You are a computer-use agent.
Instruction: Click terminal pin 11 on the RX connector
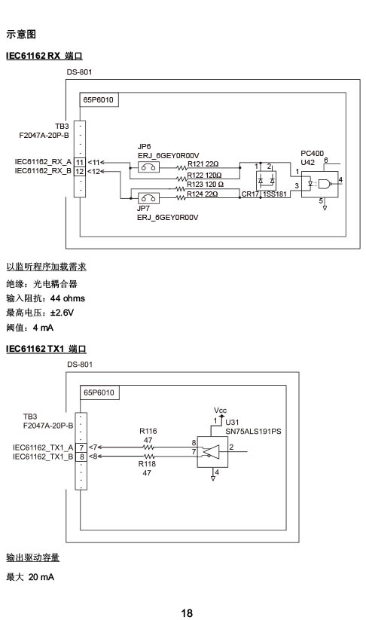(x=80, y=162)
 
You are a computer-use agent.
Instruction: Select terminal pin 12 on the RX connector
(x=80, y=171)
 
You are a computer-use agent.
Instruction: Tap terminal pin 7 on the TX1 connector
(x=81, y=447)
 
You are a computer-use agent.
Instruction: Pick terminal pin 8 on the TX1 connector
(x=81, y=457)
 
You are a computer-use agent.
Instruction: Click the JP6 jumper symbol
(x=148, y=167)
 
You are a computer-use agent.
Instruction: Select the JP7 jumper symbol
(x=148, y=198)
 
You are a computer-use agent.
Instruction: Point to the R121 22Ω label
(x=203, y=164)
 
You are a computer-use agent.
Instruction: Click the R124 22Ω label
(x=203, y=194)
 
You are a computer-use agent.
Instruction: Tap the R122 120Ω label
(x=204, y=175)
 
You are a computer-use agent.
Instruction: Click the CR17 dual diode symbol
(x=266, y=181)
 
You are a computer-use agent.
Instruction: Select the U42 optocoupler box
(x=320, y=185)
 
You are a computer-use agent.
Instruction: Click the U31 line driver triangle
(x=212, y=452)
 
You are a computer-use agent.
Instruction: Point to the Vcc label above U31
(x=220, y=410)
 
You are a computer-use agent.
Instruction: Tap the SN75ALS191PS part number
(x=253, y=432)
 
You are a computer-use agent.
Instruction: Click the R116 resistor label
(x=148, y=431)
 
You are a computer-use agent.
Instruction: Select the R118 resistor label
(x=147, y=464)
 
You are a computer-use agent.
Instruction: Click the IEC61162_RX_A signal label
(x=43, y=162)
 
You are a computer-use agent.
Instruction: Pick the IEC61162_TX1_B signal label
(x=43, y=457)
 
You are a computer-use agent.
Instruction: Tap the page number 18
(x=187, y=613)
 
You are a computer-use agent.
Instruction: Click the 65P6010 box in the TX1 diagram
(x=99, y=392)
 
